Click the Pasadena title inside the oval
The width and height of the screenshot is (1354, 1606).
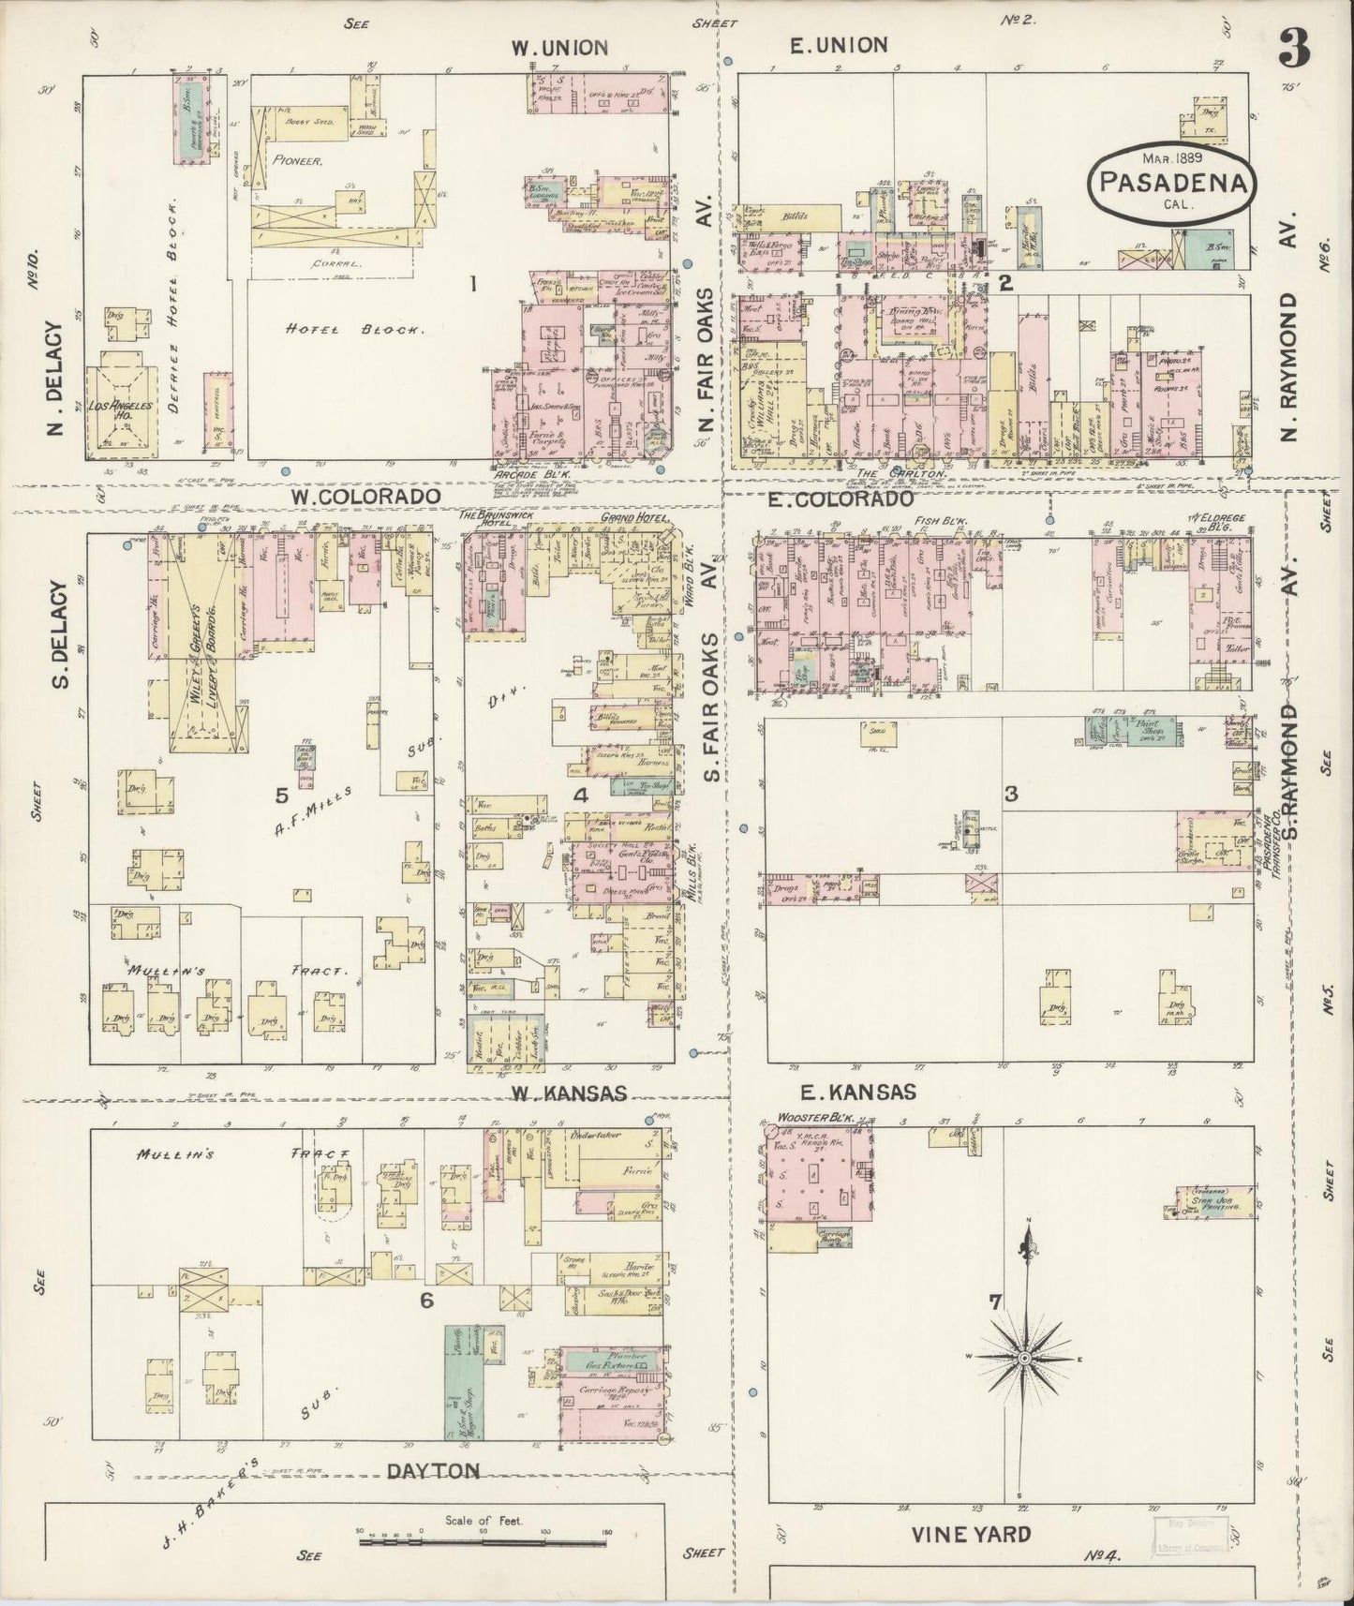1171,182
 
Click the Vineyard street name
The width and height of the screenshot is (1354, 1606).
971,1533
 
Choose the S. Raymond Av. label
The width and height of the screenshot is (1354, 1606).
1292,782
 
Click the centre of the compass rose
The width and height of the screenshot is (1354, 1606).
1024,1357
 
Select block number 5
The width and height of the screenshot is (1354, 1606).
281,796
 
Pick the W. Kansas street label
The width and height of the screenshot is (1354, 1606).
569,1093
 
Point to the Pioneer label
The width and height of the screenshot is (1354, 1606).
298,160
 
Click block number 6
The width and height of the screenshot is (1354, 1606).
426,1299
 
